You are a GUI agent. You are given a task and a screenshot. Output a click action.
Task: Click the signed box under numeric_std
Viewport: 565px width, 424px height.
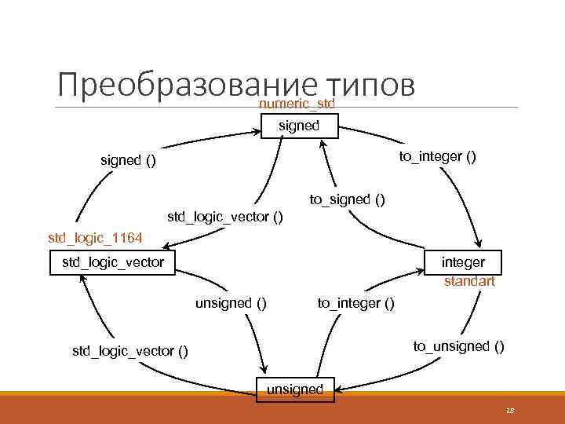coord(299,126)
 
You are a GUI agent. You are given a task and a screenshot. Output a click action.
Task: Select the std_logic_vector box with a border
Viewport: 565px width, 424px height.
coord(113,262)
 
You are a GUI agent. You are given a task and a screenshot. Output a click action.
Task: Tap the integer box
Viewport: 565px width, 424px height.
coord(463,261)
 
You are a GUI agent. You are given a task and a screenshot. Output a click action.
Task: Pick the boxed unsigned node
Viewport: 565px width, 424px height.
coord(295,389)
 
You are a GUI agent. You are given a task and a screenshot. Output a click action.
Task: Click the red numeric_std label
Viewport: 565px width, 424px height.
coord(297,103)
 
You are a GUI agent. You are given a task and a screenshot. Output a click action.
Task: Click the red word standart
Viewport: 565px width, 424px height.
coord(469,281)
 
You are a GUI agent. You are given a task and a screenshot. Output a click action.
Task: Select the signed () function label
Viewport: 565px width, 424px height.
coord(128,161)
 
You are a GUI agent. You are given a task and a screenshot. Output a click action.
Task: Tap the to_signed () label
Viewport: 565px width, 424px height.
coord(347,199)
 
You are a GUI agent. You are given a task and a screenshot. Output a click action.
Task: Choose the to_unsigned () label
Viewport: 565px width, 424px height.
coord(459,345)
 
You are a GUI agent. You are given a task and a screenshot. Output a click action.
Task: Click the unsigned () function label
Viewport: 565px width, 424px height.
coord(230,302)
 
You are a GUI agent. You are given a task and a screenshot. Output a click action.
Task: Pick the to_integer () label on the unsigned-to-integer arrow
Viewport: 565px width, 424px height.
coord(355,302)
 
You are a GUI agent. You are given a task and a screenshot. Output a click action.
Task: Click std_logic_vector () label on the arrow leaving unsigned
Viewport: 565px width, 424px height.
coord(130,351)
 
